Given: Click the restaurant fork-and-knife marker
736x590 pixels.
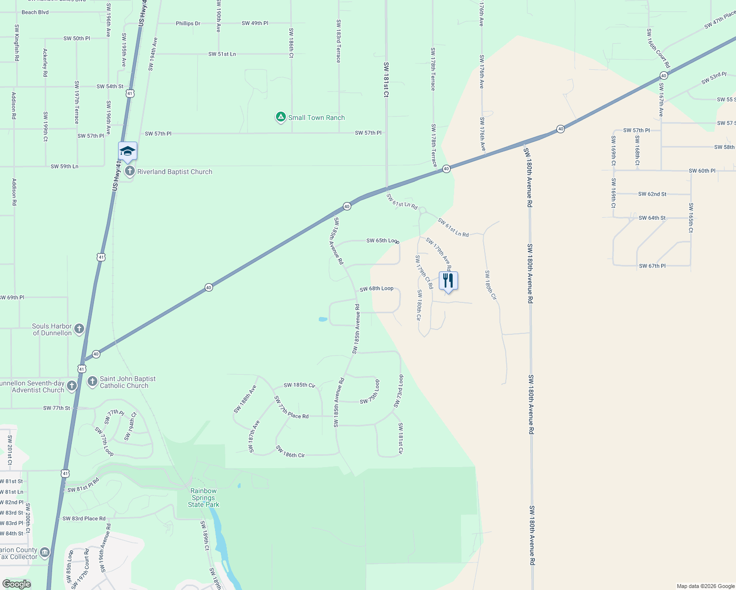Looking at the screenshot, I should point(448,281).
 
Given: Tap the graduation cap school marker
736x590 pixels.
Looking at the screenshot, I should point(127,151).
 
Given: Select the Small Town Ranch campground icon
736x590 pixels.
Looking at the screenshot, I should point(280,117).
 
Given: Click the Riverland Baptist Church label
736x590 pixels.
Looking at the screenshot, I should point(175,172).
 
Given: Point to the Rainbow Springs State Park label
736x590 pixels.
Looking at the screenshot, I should point(204,498).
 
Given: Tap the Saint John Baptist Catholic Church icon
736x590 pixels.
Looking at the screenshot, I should point(92,382).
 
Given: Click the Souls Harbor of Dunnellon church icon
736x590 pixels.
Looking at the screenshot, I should point(79,329).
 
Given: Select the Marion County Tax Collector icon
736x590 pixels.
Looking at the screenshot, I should point(45,553).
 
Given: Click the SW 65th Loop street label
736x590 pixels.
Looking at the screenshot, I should point(382,241).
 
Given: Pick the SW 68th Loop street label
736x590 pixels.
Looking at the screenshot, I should point(376,289).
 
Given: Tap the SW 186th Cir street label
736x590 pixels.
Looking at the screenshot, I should point(290,452).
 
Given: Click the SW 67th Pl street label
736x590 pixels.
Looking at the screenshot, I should point(652,266).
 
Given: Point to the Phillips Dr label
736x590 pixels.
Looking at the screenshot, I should point(188,24).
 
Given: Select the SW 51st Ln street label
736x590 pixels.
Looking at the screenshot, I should point(222,54).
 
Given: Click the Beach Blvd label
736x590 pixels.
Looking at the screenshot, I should point(35,12).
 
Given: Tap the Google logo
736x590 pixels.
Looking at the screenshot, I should point(16,584).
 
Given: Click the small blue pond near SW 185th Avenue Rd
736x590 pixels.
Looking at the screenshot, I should point(323,320).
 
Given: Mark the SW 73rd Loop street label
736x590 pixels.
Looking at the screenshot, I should point(399,391).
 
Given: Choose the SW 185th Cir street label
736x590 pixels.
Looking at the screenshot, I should point(299,385).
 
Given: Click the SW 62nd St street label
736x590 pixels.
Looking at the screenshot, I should point(652,194).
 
